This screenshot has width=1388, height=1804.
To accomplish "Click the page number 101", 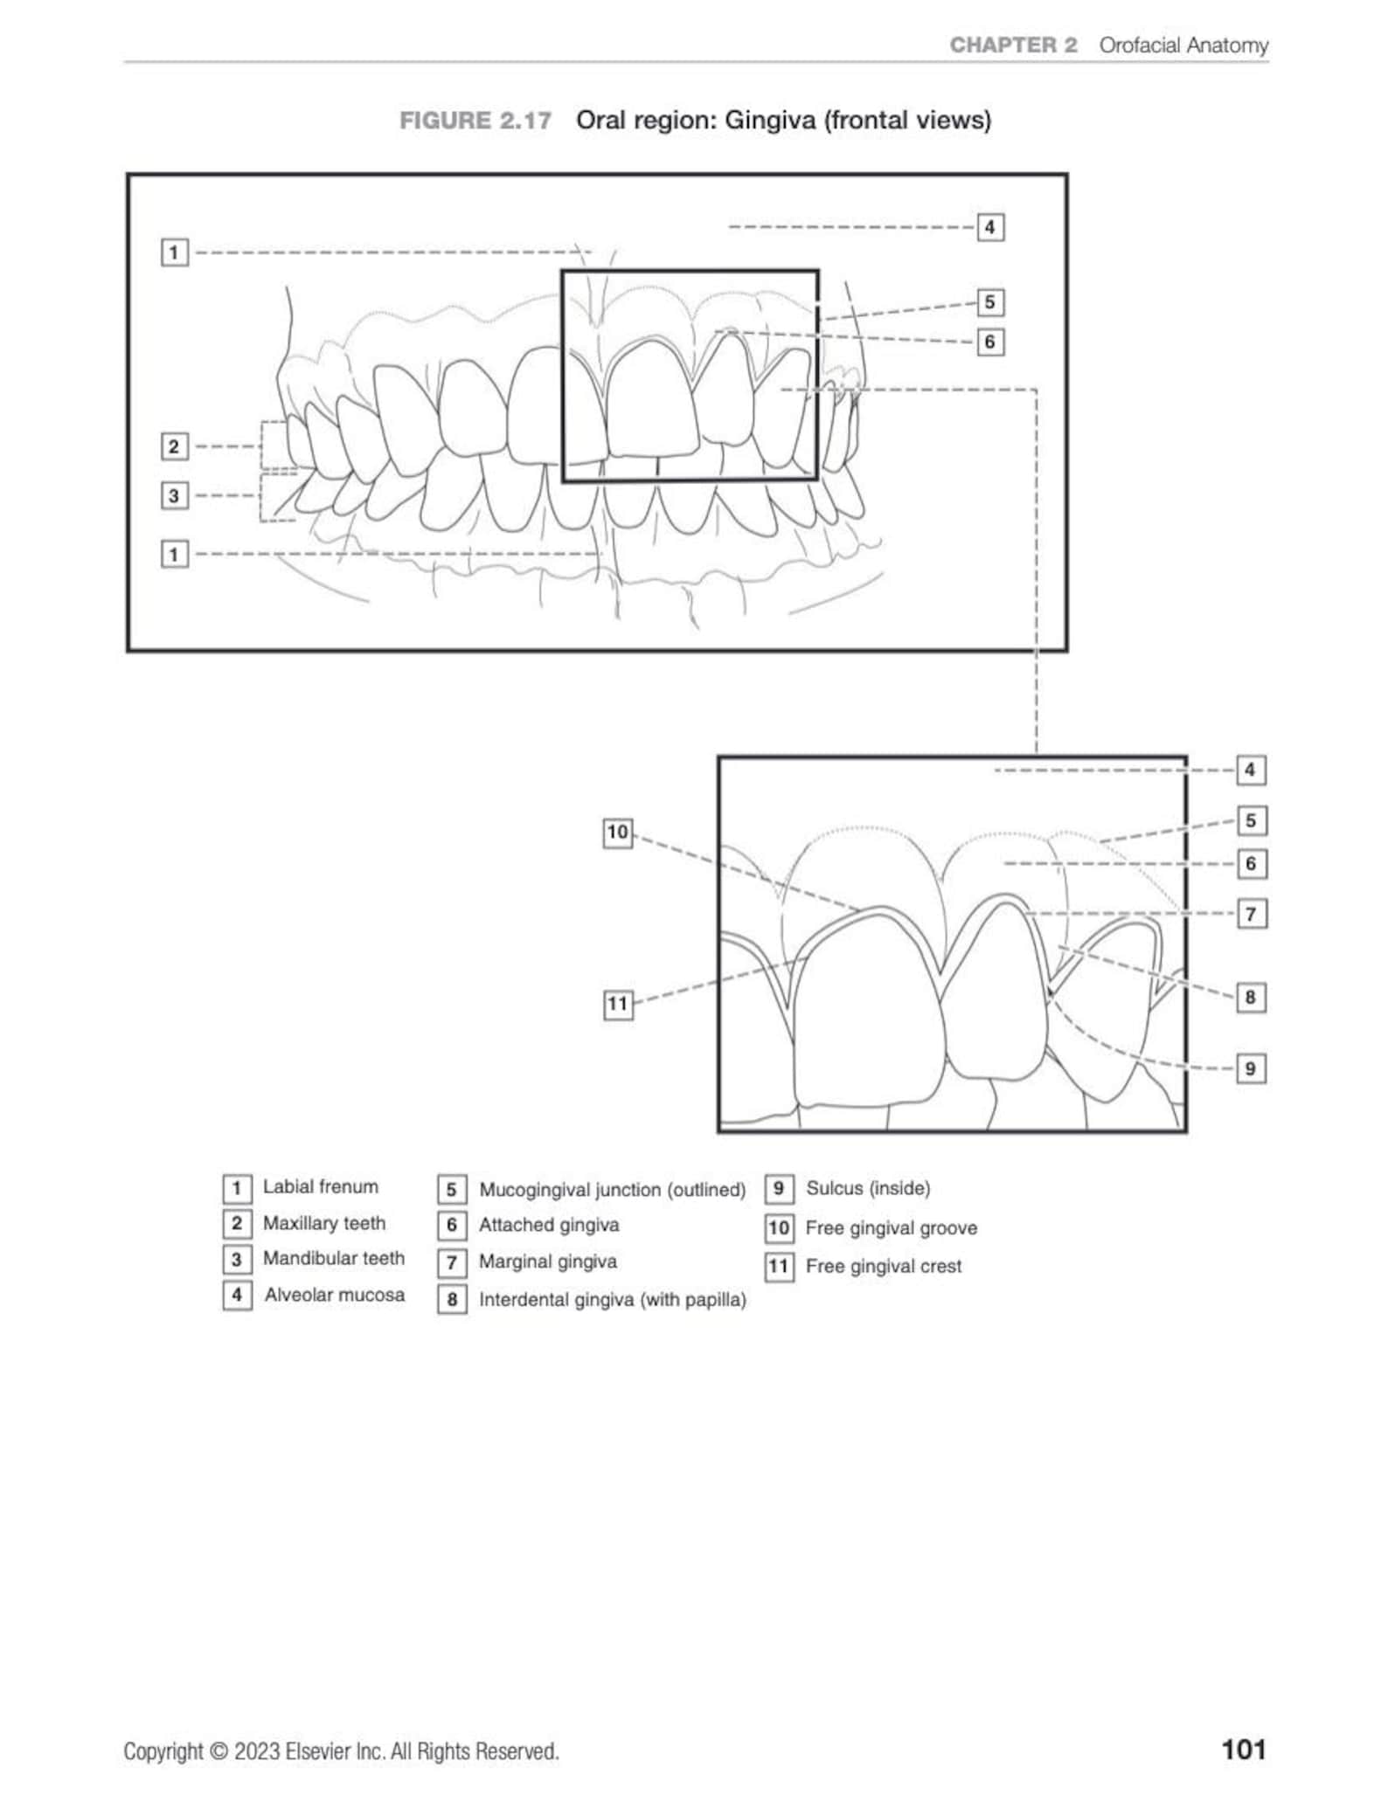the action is pyautogui.click(x=1243, y=1749).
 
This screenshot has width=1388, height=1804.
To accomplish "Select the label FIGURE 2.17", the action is pyautogui.click(x=475, y=121).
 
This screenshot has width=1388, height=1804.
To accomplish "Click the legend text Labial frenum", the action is pyautogui.click(x=321, y=1186).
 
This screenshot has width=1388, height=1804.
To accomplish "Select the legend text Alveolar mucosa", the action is pyautogui.click(x=335, y=1295).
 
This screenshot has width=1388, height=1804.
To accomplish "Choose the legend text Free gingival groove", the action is pyautogui.click(x=891, y=1227).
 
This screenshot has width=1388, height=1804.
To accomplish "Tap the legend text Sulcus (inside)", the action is pyautogui.click(x=868, y=1188).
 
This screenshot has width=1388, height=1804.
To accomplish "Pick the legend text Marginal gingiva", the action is pyautogui.click(x=548, y=1261).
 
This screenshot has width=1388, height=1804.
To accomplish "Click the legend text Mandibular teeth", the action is pyautogui.click(x=334, y=1258).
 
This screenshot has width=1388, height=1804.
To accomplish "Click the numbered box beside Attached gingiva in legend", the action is pyautogui.click(x=452, y=1226).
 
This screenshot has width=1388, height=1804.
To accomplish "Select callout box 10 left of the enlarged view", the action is pyautogui.click(x=618, y=833).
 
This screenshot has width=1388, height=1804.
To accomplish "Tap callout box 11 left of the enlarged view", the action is pyautogui.click(x=618, y=1004).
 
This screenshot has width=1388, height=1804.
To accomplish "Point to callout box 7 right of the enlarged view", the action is pyautogui.click(x=1251, y=915).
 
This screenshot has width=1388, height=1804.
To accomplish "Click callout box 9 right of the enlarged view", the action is pyautogui.click(x=1251, y=1068).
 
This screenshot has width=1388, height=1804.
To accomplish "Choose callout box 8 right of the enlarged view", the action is pyautogui.click(x=1251, y=997).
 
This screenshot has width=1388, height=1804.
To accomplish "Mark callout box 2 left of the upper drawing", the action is pyautogui.click(x=174, y=446).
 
